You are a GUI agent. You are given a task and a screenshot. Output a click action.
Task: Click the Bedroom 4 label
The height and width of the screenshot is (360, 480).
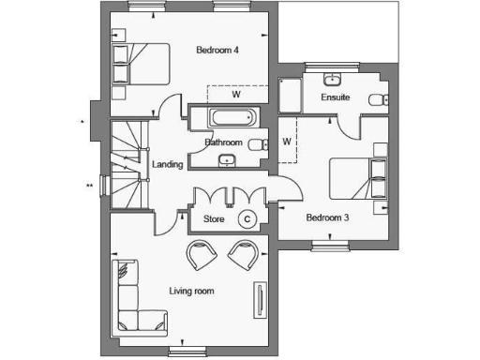[x=217, y=50]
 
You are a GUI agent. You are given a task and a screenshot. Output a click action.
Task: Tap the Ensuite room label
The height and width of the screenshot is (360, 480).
[x=335, y=97]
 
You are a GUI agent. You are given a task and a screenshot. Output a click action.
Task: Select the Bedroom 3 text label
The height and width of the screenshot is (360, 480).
[x=327, y=217]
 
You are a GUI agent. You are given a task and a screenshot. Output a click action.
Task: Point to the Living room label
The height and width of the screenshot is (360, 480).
[x=191, y=292]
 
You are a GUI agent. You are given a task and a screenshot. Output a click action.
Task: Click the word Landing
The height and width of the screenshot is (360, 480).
[x=167, y=165]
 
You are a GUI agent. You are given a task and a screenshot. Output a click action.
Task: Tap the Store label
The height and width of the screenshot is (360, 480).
[x=214, y=219]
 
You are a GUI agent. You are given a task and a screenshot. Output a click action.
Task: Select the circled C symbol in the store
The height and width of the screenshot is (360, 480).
[x=247, y=218]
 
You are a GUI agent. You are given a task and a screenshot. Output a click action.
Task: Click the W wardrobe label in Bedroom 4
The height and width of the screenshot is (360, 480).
[x=236, y=94]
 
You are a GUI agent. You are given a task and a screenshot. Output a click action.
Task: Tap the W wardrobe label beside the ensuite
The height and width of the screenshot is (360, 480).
[x=287, y=142]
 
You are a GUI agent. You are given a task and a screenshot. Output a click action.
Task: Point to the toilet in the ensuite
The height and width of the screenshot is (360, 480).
[x=376, y=100]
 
